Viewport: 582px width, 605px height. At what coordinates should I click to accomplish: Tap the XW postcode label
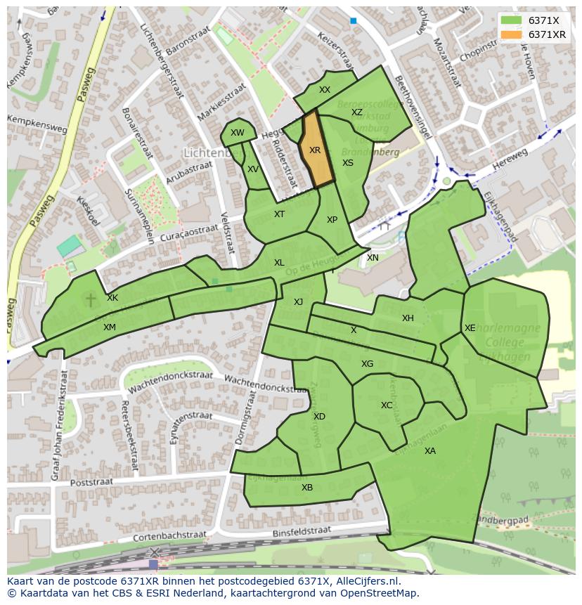(238, 133)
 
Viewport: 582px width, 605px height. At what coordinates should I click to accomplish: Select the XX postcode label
(325, 90)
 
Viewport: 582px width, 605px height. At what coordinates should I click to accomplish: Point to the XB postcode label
(307, 488)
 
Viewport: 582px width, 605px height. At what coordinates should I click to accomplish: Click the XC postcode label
(387, 405)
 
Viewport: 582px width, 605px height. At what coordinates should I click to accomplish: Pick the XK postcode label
(112, 298)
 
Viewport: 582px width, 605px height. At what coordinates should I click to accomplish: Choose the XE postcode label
(470, 328)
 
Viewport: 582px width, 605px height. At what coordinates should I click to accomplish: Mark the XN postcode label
(373, 258)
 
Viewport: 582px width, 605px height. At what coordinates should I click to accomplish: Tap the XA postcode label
(430, 451)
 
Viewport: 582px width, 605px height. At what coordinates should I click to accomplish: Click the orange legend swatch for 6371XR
(512, 34)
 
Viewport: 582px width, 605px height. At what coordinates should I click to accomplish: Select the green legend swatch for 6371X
(512, 20)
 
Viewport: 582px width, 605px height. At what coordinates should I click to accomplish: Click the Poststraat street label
(92, 483)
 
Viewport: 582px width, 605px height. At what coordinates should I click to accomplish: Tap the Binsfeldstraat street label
(302, 530)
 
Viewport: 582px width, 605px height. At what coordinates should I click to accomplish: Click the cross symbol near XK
(90, 300)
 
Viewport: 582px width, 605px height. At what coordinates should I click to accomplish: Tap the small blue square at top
(353, 21)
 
